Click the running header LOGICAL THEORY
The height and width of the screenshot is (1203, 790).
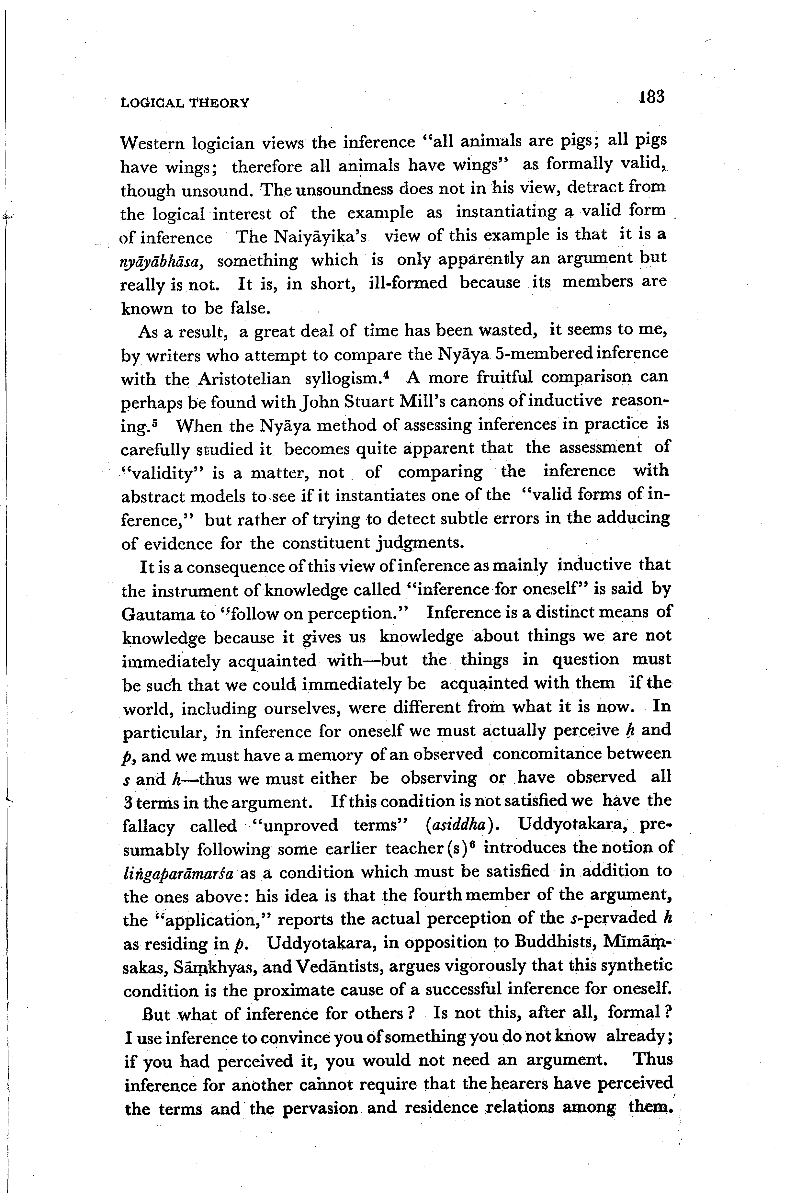pyautogui.click(x=185, y=103)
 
